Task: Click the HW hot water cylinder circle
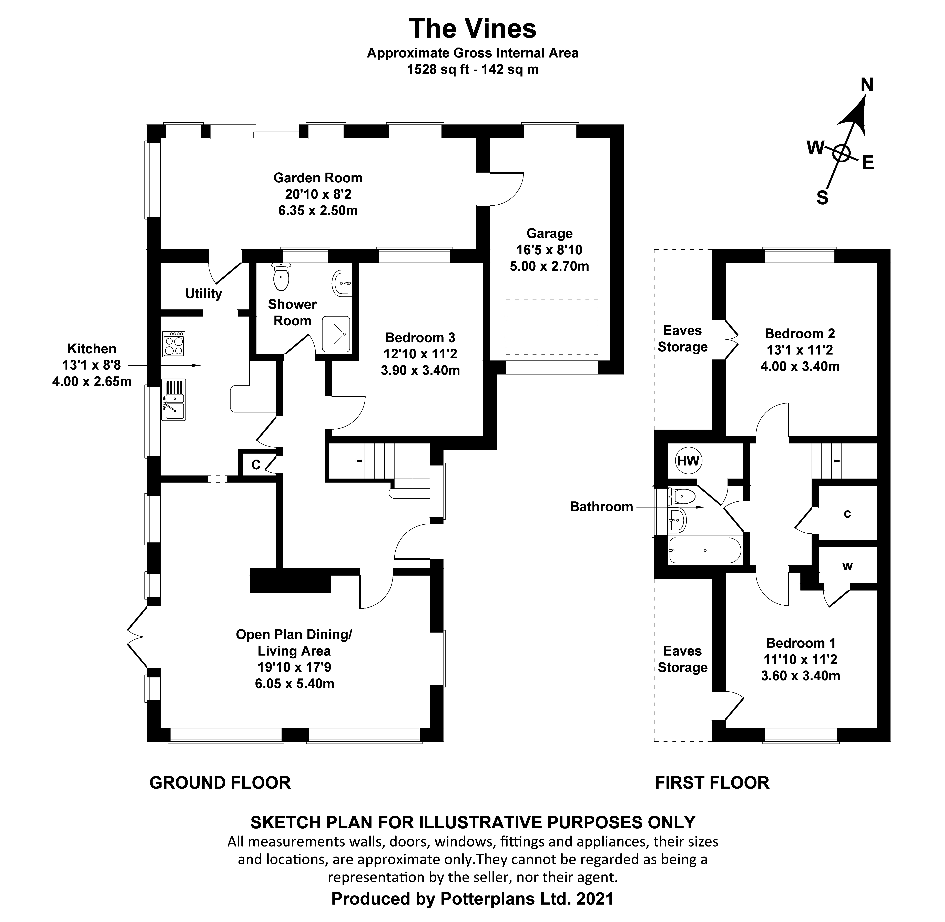tap(688, 461)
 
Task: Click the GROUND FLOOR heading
tap(220, 783)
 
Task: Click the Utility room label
tap(203, 294)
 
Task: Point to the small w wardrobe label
tap(847, 566)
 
